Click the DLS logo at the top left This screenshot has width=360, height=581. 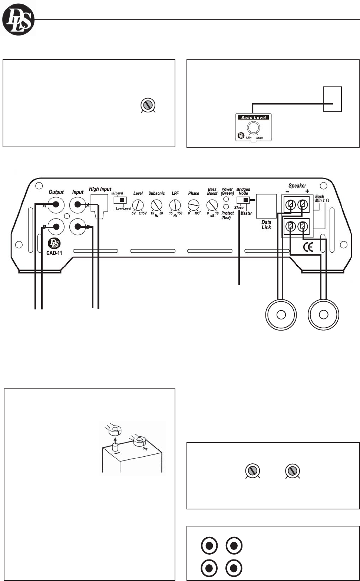pyautogui.click(x=18, y=20)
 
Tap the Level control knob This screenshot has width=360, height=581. pyautogui.click(x=138, y=205)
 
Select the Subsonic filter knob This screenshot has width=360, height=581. pyautogui.click(x=156, y=205)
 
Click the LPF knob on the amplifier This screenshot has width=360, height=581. pyautogui.click(x=175, y=205)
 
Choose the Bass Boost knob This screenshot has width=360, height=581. pyautogui.click(x=212, y=205)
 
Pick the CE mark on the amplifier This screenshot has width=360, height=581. pyautogui.click(x=308, y=247)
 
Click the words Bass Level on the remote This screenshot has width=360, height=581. pyautogui.click(x=254, y=118)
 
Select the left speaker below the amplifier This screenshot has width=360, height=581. pyautogui.click(x=281, y=315)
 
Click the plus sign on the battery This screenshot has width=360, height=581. pyautogui.click(x=145, y=448)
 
